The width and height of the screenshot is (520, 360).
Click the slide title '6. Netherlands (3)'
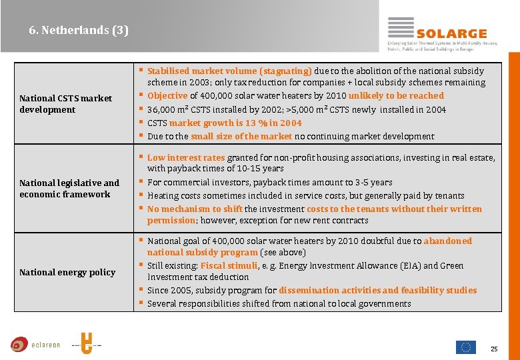pyautogui.click(x=79, y=30)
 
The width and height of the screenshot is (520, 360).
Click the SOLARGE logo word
pyautogui.click(x=451, y=33)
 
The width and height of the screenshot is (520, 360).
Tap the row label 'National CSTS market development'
pyautogui.click(x=66, y=104)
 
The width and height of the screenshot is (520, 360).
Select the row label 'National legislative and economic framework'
pyautogui.click(x=69, y=189)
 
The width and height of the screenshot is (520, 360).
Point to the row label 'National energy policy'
pyautogui.click(x=67, y=272)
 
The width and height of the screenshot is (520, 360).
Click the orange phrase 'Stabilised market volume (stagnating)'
pyautogui.click(x=229, y=71)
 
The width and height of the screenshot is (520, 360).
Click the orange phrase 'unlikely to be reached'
pyautogui.click(x=395, y=96)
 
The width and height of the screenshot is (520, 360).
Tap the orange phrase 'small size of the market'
pyautogui.click(x=241, y=136)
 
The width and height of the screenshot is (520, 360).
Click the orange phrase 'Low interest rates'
pyautogui.click(x=186, y=157)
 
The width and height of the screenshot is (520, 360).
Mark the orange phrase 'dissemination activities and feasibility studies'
pyautogui.click(x=377, y=290)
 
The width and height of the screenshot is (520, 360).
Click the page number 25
pyautogui.click(x=494, y=349)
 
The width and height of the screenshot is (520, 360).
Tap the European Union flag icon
pyautogui.click(x=465, y=347)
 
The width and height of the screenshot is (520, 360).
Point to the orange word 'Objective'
pyautogui.click(x=167, y=96)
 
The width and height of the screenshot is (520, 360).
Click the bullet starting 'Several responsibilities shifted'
pyautogui.click(x=279, y=303)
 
